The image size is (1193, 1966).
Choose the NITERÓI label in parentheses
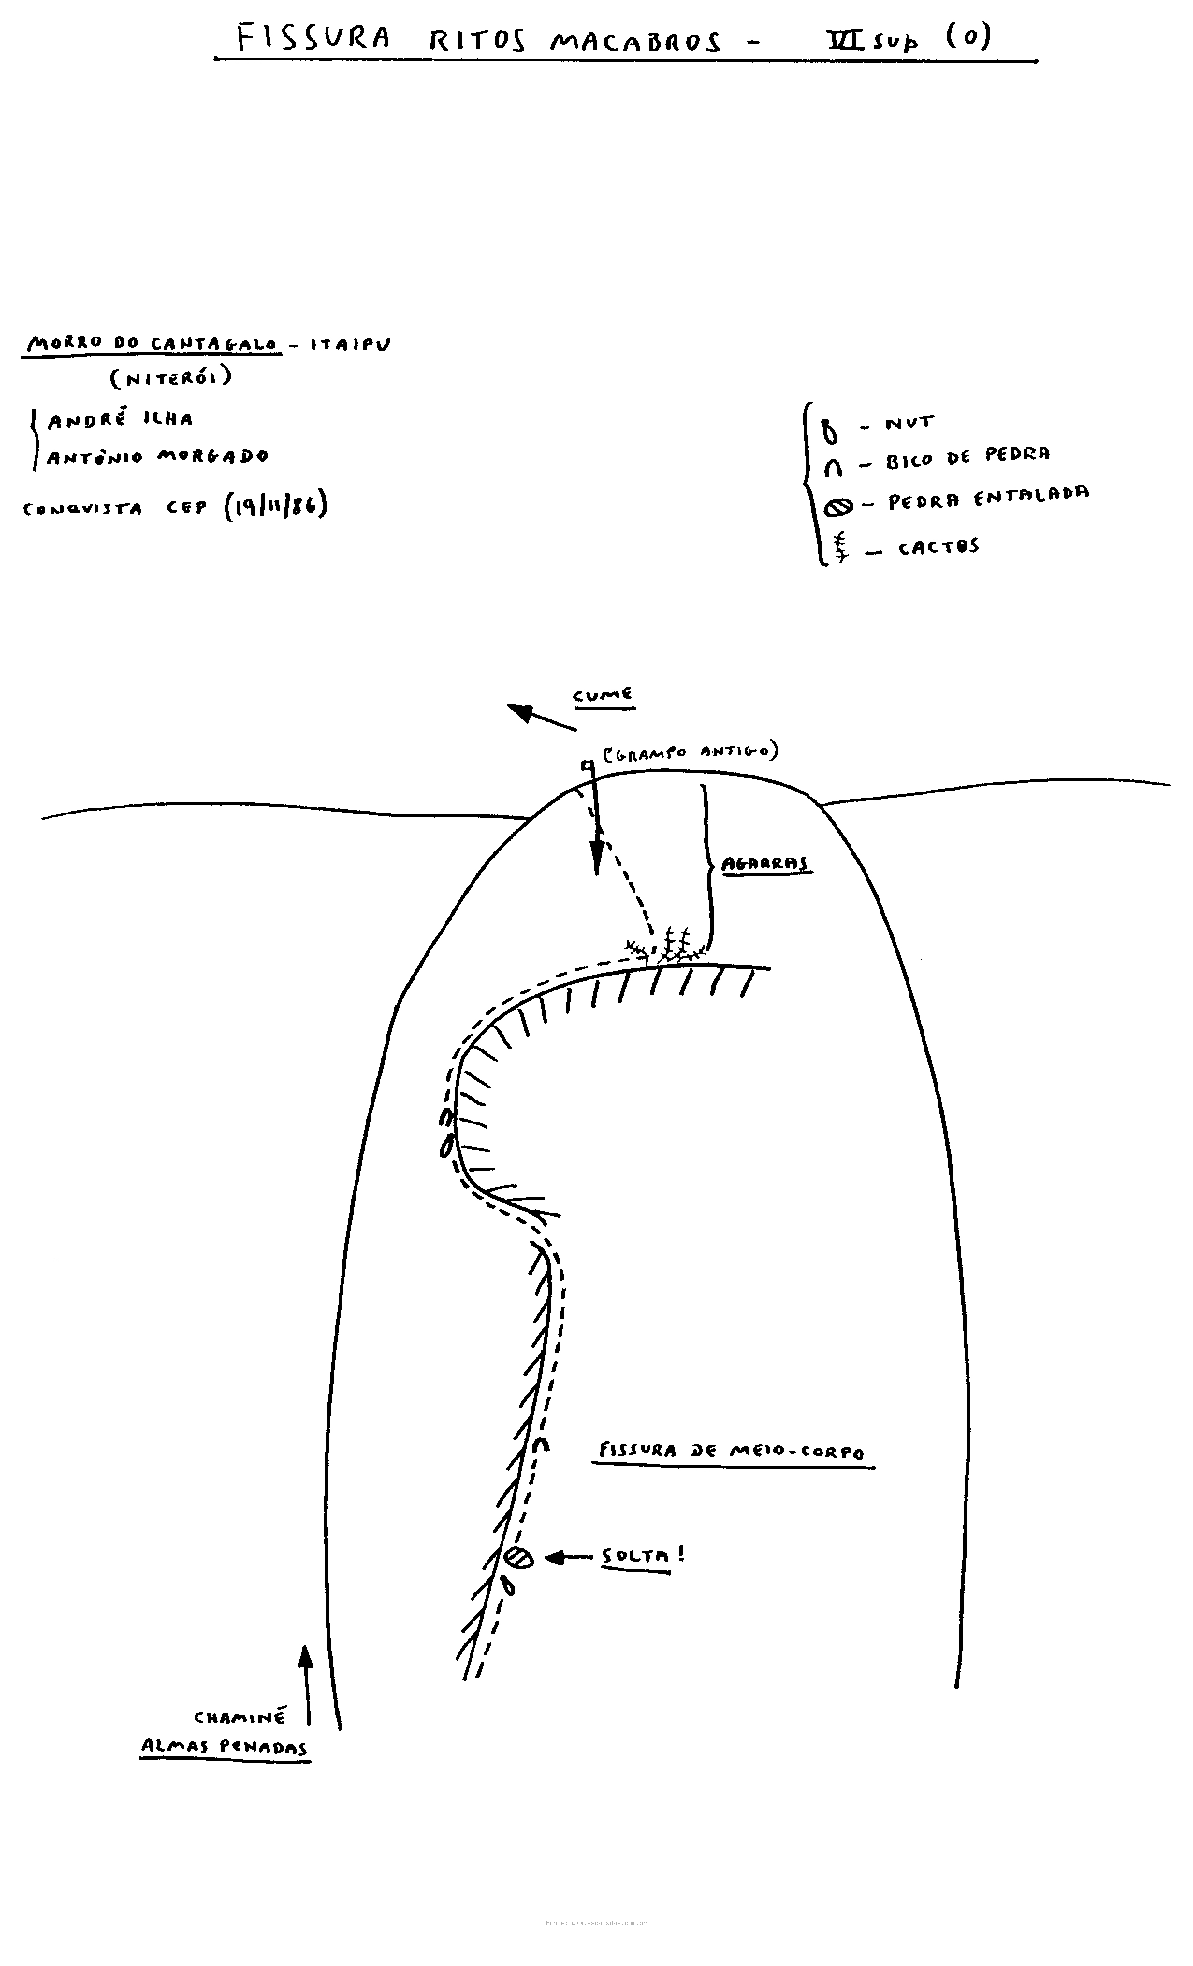click(x=171, y=377)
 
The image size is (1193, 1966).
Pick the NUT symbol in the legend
click(x=830, y=431)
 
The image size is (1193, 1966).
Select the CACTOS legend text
click(x=938, y=547)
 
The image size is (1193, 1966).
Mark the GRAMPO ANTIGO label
click(x=690, y=752)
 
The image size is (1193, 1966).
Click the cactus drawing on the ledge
click(x=670, y=946)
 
